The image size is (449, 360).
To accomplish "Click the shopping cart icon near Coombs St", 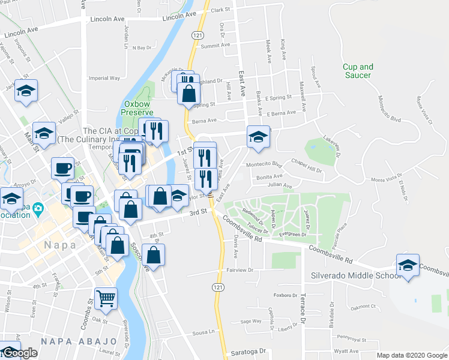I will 106,298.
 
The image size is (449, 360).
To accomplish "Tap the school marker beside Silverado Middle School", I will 407,266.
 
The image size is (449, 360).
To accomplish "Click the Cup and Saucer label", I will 358,71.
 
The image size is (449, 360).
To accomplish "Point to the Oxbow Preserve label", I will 139,107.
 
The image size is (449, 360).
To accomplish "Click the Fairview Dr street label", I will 240,271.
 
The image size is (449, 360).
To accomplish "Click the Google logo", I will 20,353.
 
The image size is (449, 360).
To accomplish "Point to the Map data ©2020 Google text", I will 412,355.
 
